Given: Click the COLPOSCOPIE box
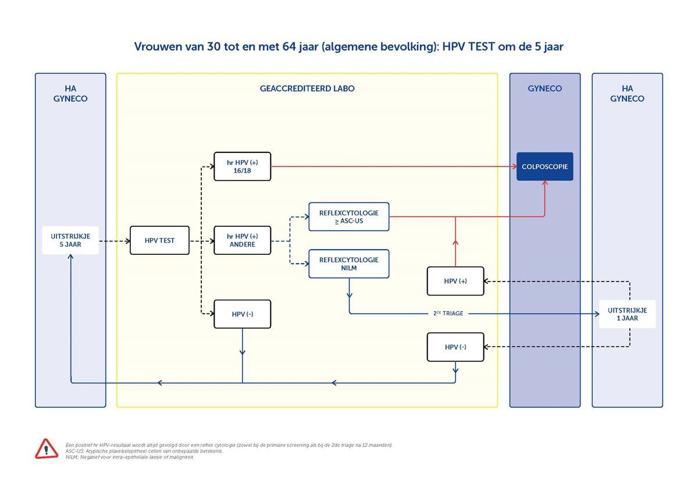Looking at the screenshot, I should point(544,166).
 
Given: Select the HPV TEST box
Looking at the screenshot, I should point(159,240).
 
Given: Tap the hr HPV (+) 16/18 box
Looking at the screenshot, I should point(242,166).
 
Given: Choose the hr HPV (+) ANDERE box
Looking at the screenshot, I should point(242,240).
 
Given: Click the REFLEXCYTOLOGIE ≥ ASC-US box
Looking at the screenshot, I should point(348,217).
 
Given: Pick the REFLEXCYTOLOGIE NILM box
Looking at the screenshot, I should point(348,264).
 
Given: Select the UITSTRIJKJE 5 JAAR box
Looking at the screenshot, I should point(70,240).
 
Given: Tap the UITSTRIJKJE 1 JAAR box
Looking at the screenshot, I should point(627,314).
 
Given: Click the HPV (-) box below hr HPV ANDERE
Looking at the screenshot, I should point(242,314).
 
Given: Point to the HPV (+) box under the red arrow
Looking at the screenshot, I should point(455,281).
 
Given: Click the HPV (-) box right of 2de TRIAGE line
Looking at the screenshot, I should point(455,347).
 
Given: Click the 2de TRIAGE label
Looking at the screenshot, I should point(448,314).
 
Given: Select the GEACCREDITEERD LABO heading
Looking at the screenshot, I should point(307,89).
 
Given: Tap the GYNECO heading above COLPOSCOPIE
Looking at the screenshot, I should point(545,89).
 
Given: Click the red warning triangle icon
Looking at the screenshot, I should point(47,449).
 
